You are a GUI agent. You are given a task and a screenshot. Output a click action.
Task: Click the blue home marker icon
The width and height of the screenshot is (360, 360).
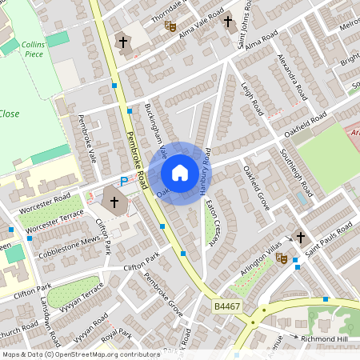tap(180, 173)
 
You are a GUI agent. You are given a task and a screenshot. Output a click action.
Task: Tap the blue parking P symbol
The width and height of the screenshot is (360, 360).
tap(123, 182)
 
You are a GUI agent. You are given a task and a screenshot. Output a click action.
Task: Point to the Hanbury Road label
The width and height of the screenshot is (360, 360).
tap(205, 171)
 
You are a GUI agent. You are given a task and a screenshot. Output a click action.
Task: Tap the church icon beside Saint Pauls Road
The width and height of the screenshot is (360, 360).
tap(301, 238)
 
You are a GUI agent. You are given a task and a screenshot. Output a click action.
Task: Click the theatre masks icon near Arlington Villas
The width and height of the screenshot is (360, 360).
tap(281, 258)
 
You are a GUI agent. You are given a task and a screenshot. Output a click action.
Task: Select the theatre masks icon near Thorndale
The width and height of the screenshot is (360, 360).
tap(170, 26)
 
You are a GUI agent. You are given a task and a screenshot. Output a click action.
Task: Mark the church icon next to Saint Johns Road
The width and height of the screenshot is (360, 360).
tap(228, 22)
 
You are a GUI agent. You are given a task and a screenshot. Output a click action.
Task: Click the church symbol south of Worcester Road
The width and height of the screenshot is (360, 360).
tap(114, 202)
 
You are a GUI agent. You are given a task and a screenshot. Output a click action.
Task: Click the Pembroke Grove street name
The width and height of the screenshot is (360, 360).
tap(163, 291)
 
